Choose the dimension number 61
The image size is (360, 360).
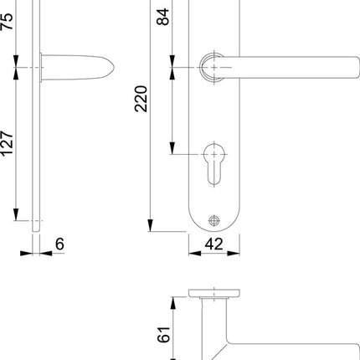click(165, 336)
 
